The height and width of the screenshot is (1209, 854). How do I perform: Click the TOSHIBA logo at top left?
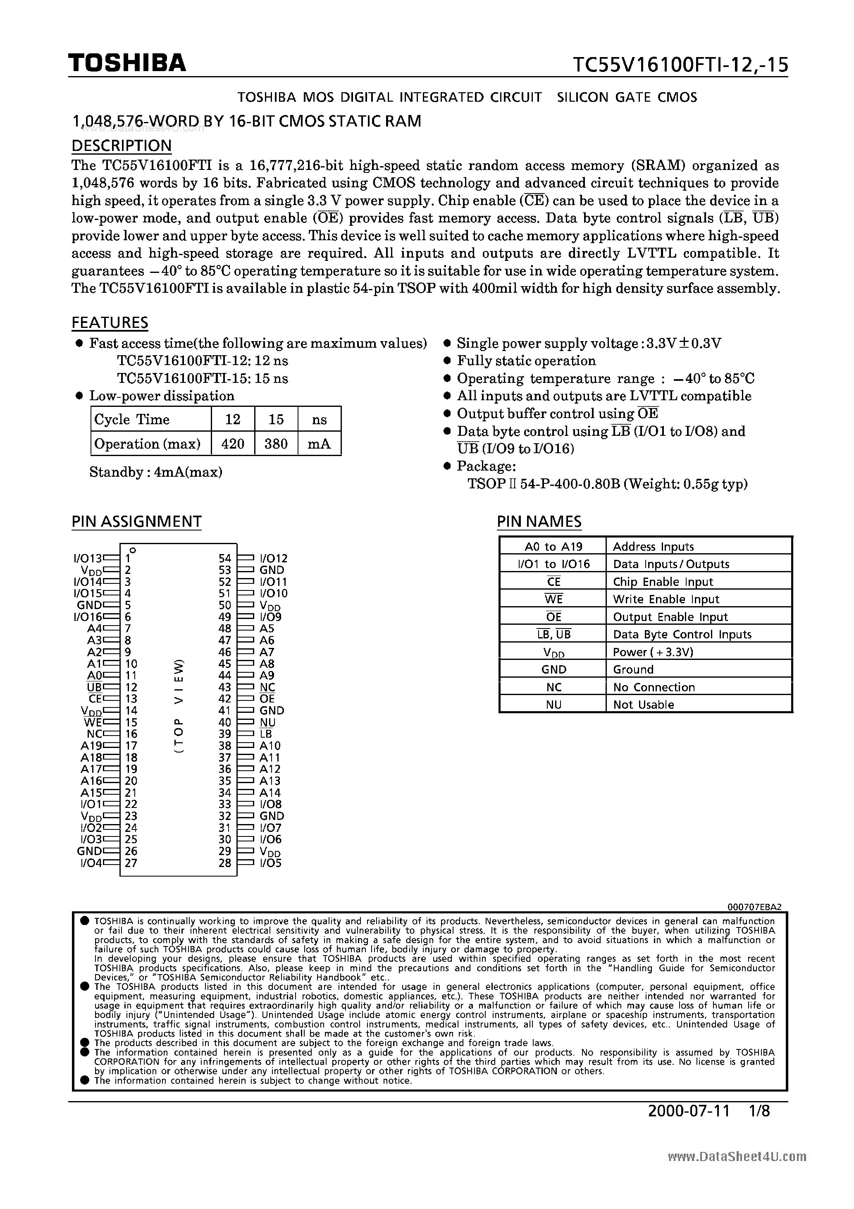[127, 63]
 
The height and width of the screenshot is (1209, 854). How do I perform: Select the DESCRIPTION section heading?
[122, 146]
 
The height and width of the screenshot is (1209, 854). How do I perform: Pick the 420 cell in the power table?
[233, 444]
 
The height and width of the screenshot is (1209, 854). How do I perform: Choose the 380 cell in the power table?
[276, 444]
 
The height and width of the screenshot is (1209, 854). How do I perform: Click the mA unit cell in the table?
[319, 444]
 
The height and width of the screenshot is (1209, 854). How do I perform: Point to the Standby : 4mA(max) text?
[156, 472]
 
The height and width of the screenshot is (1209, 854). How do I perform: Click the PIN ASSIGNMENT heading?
[136, 521]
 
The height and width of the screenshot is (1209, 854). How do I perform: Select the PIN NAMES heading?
[539, 521]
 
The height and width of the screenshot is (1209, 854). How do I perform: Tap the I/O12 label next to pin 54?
[273, 558]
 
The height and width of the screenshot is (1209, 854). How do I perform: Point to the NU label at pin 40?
[267, 722]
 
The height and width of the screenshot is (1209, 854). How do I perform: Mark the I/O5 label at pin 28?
[271, 863]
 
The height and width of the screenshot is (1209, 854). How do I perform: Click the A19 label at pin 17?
[91, 745]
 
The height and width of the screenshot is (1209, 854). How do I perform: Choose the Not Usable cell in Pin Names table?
[644, 705]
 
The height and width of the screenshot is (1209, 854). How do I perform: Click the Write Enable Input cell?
[666, 599]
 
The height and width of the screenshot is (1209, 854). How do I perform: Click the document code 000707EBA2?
[754, 907]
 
